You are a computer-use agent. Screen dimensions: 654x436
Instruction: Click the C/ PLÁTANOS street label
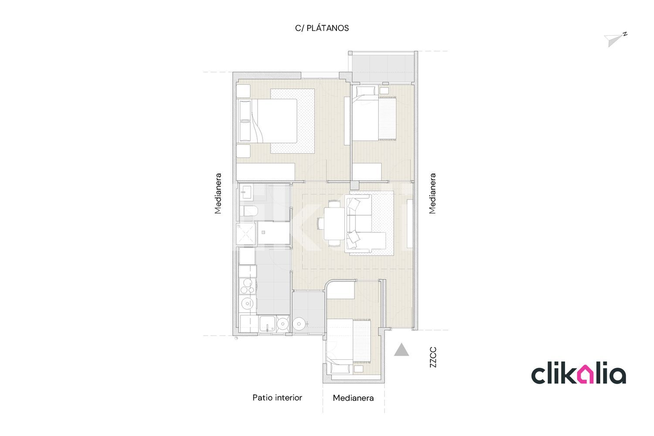(322, 28)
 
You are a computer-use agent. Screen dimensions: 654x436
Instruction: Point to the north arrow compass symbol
(615, 39)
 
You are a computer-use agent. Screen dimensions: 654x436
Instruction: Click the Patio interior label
(277, 398)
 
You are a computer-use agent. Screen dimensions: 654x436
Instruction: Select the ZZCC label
(433, 357)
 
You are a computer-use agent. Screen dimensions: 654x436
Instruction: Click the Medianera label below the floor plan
(353, 398)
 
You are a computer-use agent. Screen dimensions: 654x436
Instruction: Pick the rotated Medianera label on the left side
(218, 193)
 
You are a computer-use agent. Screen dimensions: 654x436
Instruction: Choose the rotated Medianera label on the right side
(433, 193)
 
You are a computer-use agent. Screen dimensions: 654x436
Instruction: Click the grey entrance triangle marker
(402, 350)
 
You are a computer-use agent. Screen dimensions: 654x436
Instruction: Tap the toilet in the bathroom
(249, 211)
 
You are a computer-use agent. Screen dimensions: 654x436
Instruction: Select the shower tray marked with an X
(245, 234)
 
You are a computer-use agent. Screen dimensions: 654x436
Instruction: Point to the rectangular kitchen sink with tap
(267, 324)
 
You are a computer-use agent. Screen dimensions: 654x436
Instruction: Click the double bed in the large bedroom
(268, 121)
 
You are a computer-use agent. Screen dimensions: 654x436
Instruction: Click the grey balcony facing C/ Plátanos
(383, 68)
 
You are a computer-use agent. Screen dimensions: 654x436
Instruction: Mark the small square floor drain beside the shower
(263, 232)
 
